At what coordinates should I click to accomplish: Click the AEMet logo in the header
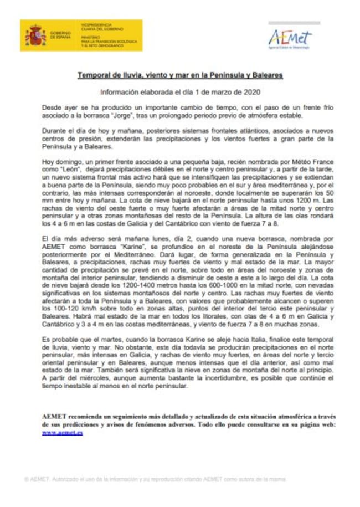click(x=290, y=37)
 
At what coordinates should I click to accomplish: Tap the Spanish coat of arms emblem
click(x=35, y=35)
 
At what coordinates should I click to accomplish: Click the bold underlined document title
click(x=180, y=74)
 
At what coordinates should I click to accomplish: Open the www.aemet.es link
click(x=63, y=432)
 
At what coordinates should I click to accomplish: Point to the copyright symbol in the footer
click(x=27, y=478)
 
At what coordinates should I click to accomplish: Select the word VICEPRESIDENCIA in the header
click(x=96, y=25)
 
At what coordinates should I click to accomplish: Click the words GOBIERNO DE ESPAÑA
click(x=59, y=35)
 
